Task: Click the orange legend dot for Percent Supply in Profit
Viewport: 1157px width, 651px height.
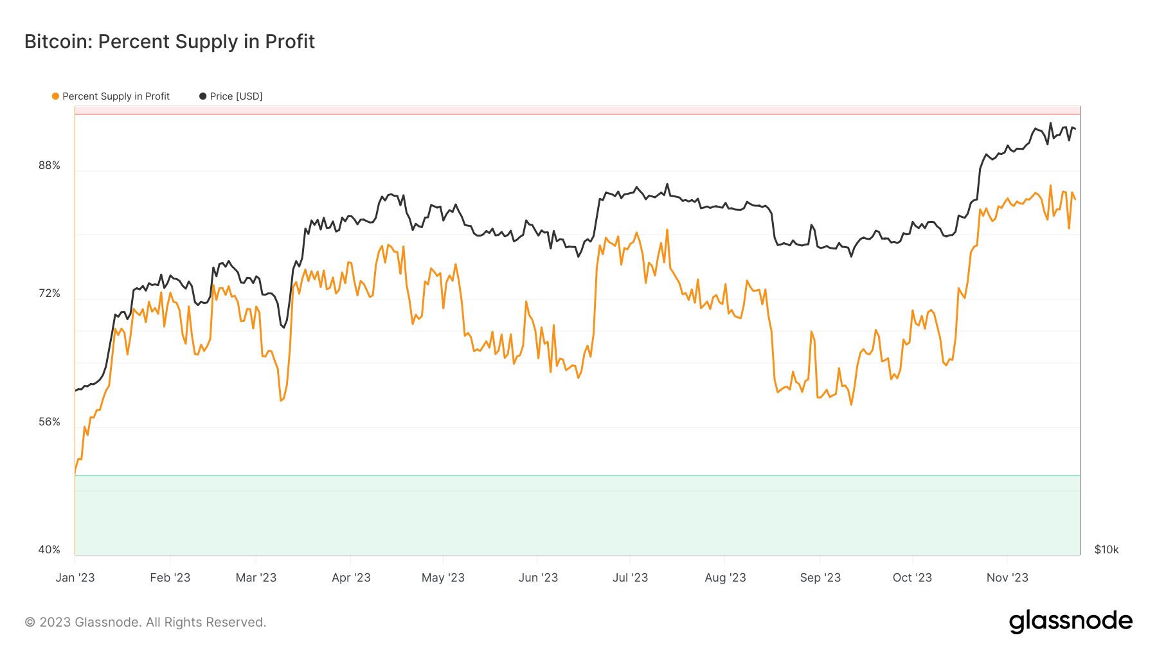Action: tap(55, 96)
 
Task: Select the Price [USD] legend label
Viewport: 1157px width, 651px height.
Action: tap(236, 96)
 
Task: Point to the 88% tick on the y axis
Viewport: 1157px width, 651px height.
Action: tap(49, 166)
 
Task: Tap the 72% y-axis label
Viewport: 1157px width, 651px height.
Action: tap(49, 294)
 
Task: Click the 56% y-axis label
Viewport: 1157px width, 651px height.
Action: tap(49, 422)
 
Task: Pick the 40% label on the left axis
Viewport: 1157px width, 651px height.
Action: tap(49, 550)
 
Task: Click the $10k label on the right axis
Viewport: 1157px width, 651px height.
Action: tap(1106, 550)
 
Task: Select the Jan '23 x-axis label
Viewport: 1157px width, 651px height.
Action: tap(75, 578)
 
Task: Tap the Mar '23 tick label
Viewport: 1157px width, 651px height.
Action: tap(256, 578)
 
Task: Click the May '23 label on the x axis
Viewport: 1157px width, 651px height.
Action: tap(443, 578)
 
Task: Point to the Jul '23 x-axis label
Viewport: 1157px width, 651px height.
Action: tap(630, 578)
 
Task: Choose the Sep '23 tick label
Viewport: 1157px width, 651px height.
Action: tap(820, 578)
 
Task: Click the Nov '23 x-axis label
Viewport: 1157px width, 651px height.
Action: tap(1007, 578)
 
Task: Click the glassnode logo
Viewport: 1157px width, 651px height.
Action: tap(1070, 621)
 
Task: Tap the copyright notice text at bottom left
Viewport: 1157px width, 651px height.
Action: tap(145, 622)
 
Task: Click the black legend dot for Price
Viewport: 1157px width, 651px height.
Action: tap(203, 96)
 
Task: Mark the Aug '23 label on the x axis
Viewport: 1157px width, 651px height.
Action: tap(725, 578)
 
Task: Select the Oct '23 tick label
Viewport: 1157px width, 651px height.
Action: tap(912, 578)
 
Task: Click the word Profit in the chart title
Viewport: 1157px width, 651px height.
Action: tap(290, 42)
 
